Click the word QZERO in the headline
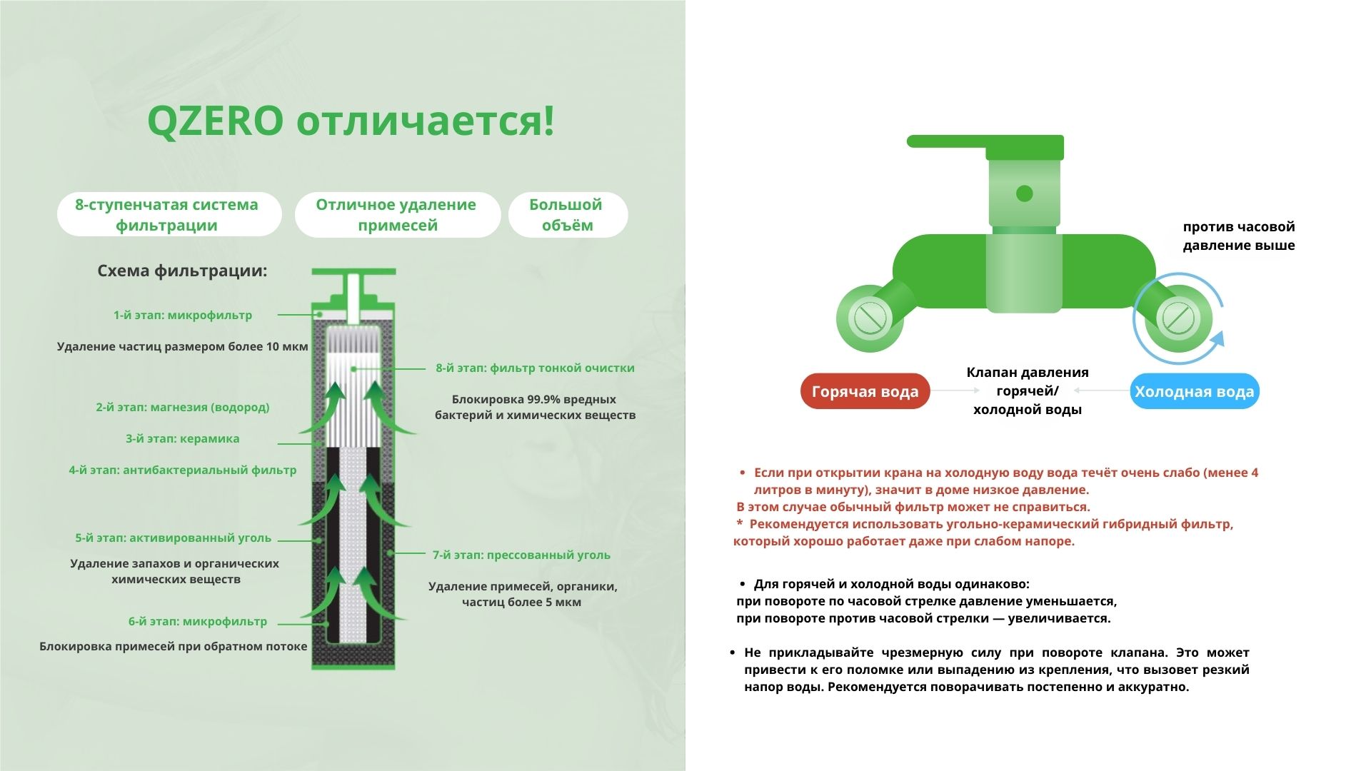point(216,121)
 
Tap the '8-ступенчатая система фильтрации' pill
point(169,214)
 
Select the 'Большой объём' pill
point(568,214)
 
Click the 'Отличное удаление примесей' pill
point(397,214)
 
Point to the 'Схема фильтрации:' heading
point(182,271)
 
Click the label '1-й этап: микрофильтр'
point(182,315)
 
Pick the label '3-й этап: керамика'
point(182,438)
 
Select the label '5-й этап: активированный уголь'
point(174,538)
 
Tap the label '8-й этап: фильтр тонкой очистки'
point(535,368)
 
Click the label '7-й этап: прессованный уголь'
point(521,555)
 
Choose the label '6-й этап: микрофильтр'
point(198,621)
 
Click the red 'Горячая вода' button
point(865,391)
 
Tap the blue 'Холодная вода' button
point(1194,391)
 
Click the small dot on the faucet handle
point(1024,193)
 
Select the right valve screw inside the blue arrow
point(1177,318)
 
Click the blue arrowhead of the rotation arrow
point(1215,338)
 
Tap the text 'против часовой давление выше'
point(1238,236)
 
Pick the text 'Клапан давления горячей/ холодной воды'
point(1027,390)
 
